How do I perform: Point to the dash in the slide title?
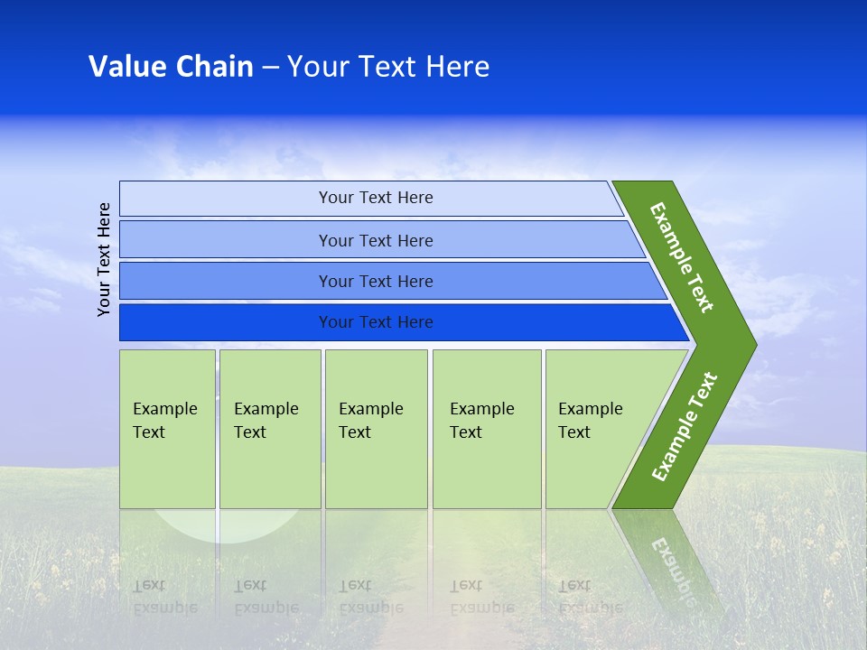(270, 68)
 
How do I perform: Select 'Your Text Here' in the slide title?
(388, 67)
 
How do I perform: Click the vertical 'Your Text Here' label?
(104, 259)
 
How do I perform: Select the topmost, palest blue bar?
(370, 198)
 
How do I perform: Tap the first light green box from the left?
(167, 429)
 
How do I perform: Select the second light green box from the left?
(270, 429)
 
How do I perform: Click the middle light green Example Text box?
(376, 429)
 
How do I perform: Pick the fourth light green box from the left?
(487, 429)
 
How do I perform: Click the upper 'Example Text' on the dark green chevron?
(682, 257)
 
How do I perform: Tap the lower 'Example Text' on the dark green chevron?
(684, 427)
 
